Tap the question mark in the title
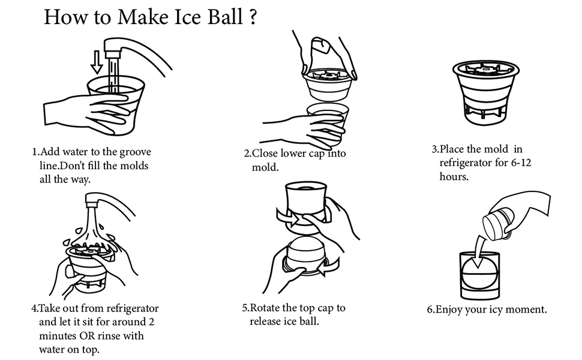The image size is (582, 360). [253, 17]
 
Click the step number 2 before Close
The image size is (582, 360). [247, 154]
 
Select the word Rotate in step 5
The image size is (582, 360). [265, 308]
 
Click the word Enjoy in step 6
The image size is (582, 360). [449, 310]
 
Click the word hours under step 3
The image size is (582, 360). [454, 177]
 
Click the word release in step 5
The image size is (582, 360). [266, 322]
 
